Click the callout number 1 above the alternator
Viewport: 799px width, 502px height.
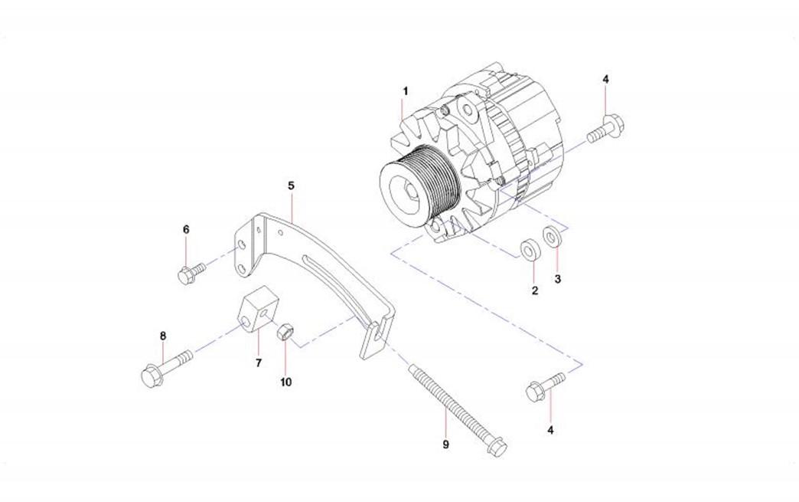point(406,91)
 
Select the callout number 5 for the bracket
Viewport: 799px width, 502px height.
point(291,185)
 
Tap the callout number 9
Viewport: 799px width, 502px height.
point(445,444)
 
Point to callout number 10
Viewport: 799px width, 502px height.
point(285,381)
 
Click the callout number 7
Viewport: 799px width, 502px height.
point(258,362)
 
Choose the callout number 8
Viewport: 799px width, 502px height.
point(162,336)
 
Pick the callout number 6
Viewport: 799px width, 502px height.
point(185,229)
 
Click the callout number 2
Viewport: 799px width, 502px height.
point(535,290)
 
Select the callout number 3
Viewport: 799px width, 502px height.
point(558,280)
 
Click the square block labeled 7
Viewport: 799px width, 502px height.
point(255,313)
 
